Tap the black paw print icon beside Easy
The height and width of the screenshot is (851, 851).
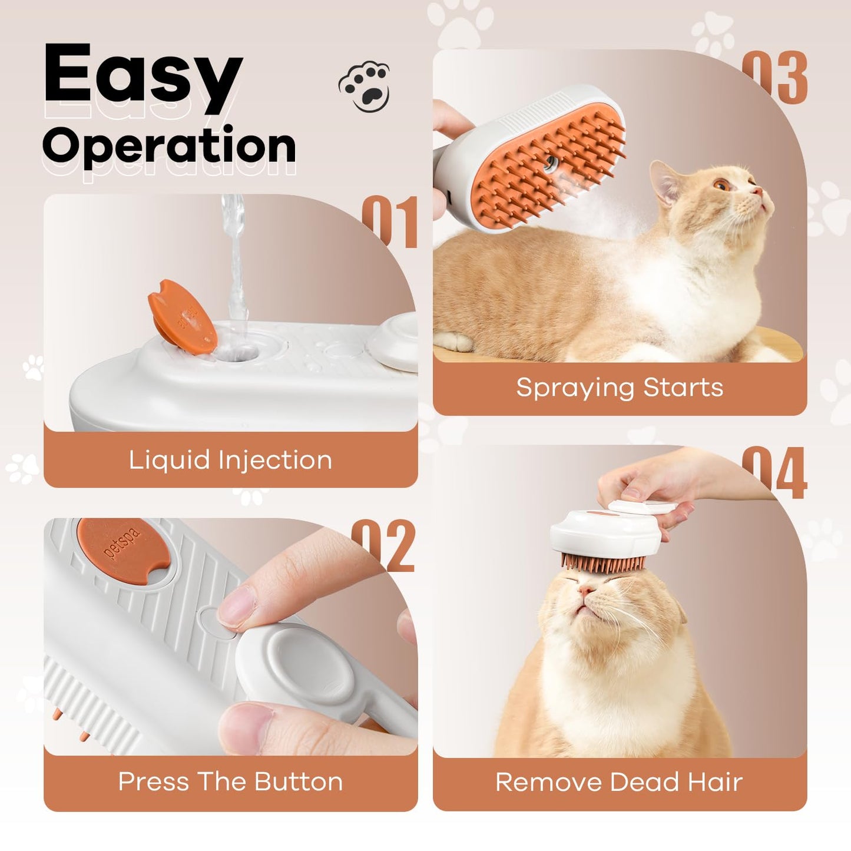365,87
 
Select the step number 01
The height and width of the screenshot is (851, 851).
390,223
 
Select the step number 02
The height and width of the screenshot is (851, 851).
384,546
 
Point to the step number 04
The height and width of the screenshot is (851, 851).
774,473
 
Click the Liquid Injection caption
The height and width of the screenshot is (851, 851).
230,460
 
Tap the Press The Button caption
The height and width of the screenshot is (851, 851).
230,782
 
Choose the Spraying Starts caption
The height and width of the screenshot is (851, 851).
620,388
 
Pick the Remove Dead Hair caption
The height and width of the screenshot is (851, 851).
619,782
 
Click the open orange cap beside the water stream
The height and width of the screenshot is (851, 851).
182,316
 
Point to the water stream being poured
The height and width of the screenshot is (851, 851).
236,265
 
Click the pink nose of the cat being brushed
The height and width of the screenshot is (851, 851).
587,590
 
